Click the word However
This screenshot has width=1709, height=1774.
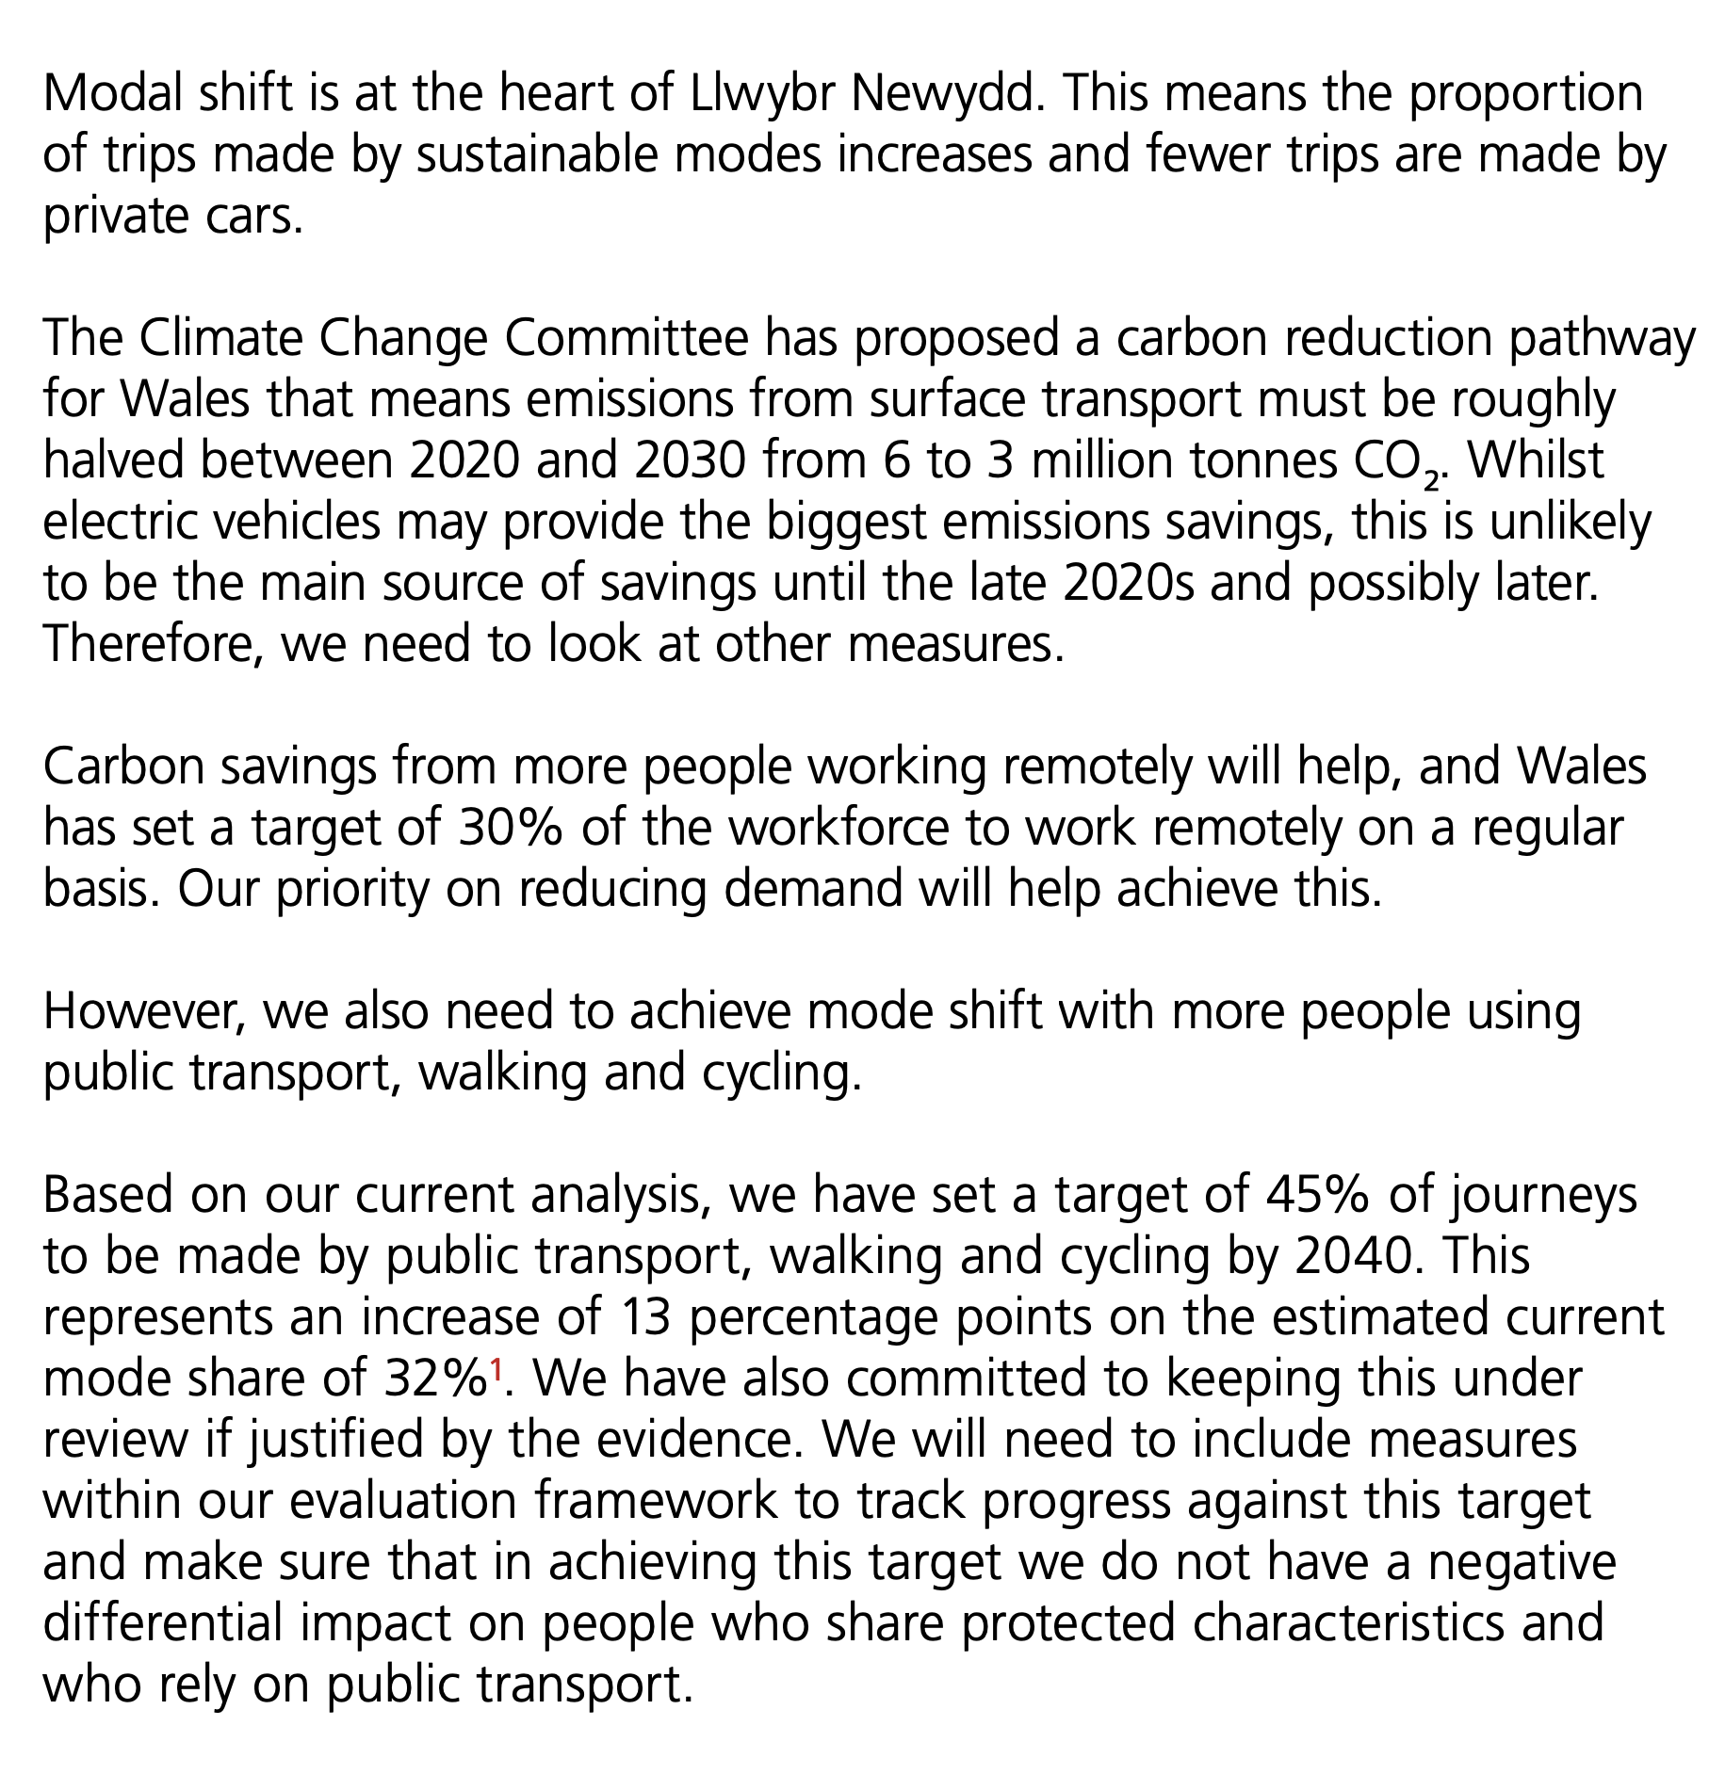(147, 1012)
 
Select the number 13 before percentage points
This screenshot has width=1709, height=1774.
(644, 1318)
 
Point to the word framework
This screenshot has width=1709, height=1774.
(657, 1502)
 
